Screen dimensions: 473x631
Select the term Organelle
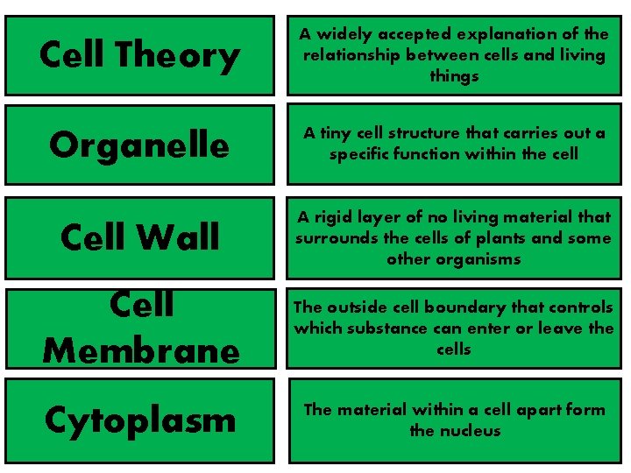[139, 145]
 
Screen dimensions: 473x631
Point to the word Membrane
[140, 350]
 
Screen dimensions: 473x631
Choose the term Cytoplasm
[139, 420]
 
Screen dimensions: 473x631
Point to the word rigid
[332, 217]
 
